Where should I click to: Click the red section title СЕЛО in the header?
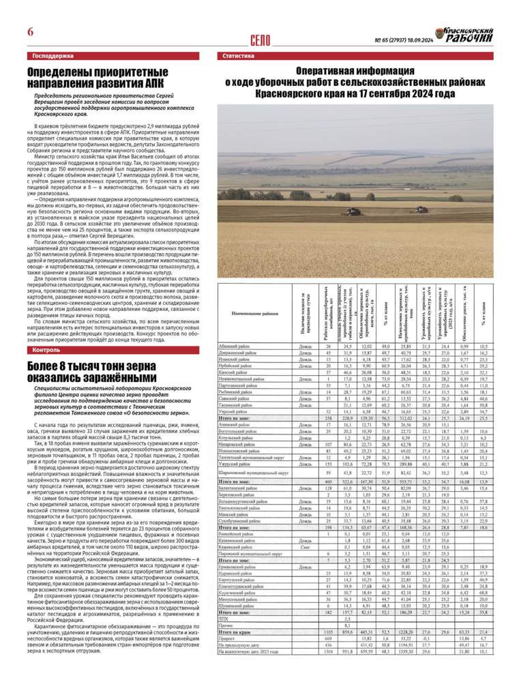tap(262, 38)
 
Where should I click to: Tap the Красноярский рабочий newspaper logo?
tap(464, 34)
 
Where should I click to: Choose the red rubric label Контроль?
tap(46, 350)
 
